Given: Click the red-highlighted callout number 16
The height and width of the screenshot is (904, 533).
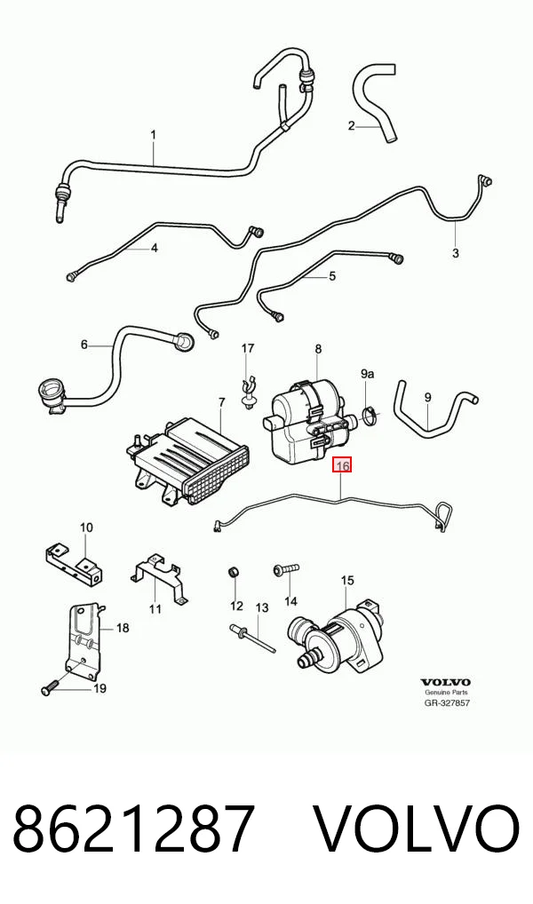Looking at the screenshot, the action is [x=342, y=465].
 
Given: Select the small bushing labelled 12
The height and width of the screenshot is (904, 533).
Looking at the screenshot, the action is [x=234, y=573].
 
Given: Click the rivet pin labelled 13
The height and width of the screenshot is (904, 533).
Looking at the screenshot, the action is [x=252, y=638].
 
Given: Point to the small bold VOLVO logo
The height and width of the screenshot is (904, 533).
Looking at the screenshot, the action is [x=445, y=682].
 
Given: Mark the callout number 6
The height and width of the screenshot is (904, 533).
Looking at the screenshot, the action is [x=84, y=345].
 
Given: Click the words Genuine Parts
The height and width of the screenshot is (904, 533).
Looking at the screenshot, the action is [x=447, y=693].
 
